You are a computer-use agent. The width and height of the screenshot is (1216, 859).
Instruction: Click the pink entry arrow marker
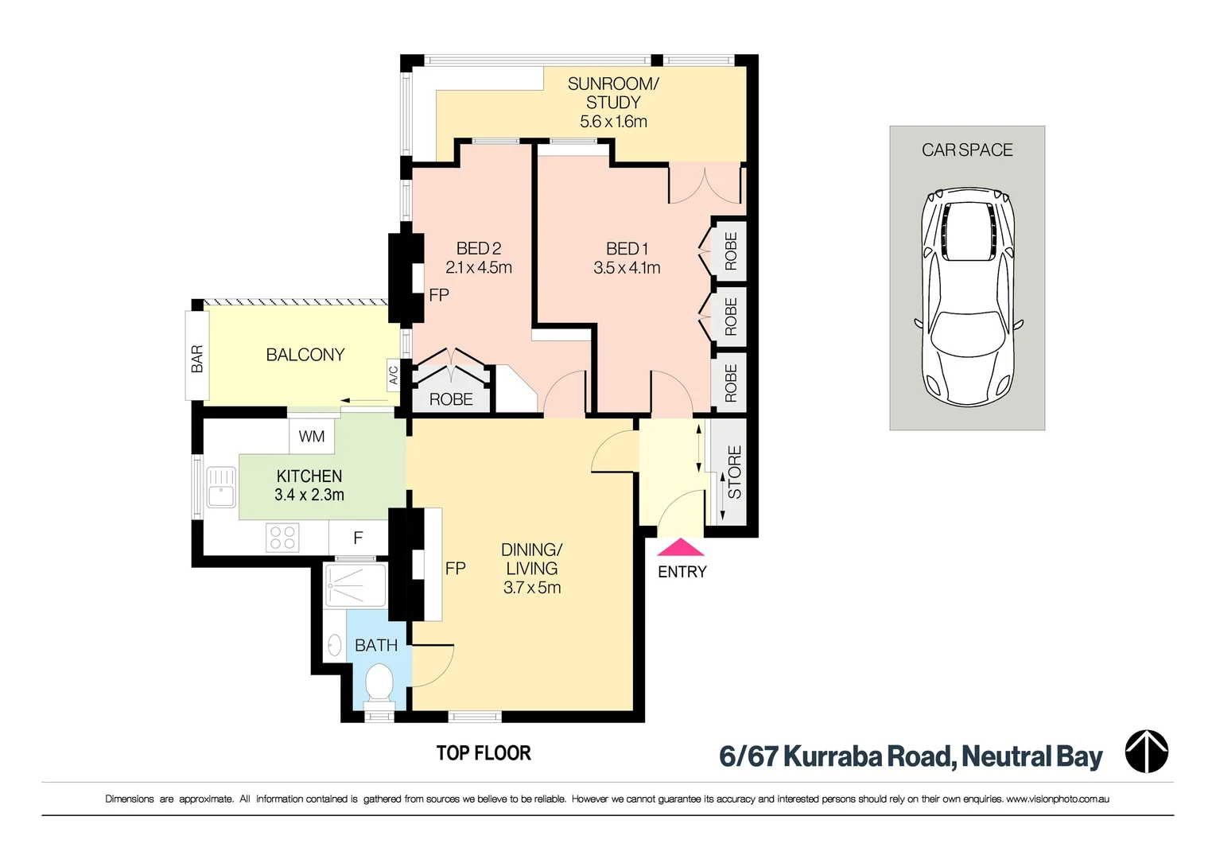[681, 548]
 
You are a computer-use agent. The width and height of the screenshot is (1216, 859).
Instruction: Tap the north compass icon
[1146, 752]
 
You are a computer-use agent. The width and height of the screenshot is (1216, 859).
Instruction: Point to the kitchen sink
[221, 487]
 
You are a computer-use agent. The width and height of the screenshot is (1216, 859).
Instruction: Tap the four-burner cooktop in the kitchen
[282, 538]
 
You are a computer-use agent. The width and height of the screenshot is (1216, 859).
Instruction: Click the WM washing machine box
[312, 437]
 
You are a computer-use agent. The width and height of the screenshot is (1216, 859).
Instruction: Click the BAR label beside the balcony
[197, 359]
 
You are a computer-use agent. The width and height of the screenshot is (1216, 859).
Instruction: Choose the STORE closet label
[734, 472]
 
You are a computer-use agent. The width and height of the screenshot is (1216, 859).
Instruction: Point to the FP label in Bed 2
[439, 295]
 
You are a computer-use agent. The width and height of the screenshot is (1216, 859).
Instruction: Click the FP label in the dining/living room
[455, 569]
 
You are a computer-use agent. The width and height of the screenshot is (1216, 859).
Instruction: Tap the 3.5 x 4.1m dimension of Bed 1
[627, 268]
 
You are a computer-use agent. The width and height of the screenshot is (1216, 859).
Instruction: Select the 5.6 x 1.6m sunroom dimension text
[613, 122]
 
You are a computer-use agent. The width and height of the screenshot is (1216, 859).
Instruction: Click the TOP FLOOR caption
[484, 753]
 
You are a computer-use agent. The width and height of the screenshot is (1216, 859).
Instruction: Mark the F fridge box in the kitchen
[358, 538]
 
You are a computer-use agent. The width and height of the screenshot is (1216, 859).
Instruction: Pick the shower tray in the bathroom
[355, 585]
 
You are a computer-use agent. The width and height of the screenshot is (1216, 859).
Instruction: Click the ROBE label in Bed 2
[451, 399]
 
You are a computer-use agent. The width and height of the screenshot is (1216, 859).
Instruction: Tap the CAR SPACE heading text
[967, 150]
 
